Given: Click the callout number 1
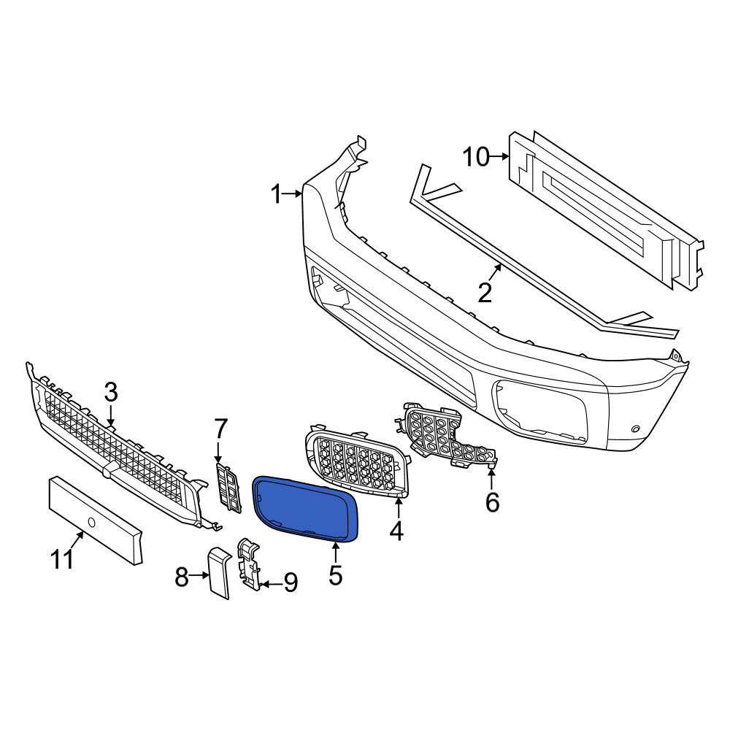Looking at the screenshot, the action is click(x=277, y=194).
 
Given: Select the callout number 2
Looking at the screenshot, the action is click(x=485, y=293).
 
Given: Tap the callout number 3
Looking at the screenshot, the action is click(x=111, y=393).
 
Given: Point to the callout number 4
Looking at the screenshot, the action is click(x=396, y=531).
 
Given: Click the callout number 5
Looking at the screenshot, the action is click(x=336, y=575).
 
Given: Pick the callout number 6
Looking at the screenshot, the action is click(x=493, y=502).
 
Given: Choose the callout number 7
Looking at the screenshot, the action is click(x=220, y=429).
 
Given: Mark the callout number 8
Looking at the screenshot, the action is click(x=182, y=577).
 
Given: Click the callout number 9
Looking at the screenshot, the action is click(x=291, y=583).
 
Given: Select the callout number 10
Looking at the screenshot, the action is click(x=476, y=157).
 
